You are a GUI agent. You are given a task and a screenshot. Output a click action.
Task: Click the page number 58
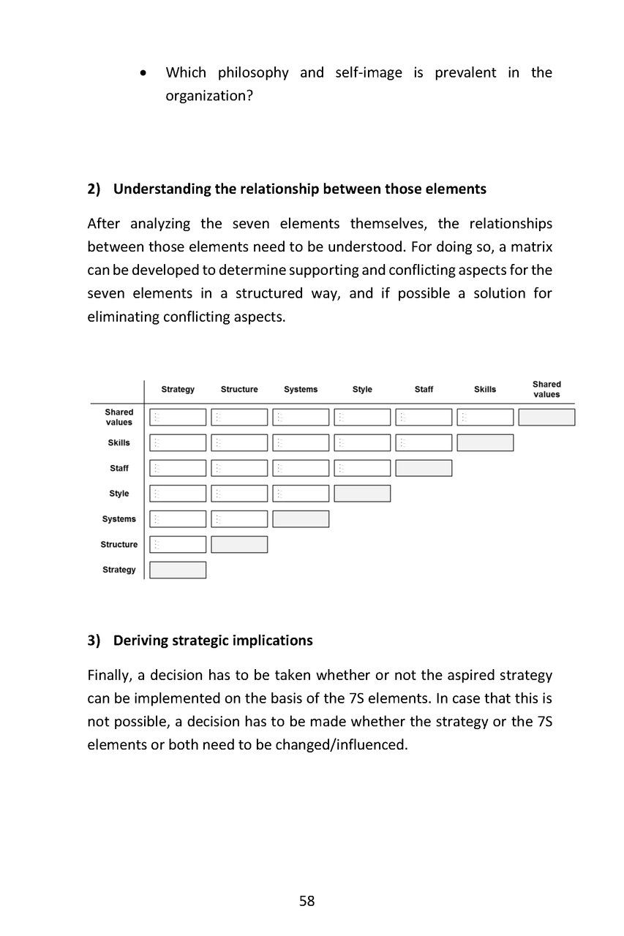307,901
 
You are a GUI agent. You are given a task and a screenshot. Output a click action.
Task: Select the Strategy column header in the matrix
178,390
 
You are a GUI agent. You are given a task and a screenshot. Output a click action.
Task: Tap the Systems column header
301,390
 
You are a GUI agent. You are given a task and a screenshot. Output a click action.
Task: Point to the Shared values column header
546,389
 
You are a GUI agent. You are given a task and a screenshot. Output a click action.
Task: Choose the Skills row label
119,442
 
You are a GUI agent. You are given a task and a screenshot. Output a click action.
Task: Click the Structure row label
119,545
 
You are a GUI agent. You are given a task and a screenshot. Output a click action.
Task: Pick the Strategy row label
119,570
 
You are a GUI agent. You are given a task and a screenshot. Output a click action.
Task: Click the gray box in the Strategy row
178,570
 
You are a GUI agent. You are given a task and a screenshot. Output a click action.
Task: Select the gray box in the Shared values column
546,418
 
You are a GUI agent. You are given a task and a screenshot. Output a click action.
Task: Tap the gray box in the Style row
362,494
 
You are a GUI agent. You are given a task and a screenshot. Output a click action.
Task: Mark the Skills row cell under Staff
424,442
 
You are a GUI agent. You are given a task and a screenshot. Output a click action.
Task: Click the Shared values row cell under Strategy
178,418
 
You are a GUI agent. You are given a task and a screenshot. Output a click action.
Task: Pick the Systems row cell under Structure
239,519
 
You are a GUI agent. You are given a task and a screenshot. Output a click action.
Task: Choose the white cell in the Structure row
178,545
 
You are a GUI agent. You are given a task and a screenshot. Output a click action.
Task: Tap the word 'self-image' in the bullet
368,72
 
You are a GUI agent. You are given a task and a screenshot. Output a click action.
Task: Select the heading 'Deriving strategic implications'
212,641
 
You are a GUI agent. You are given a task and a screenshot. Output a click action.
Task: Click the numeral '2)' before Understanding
94,189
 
